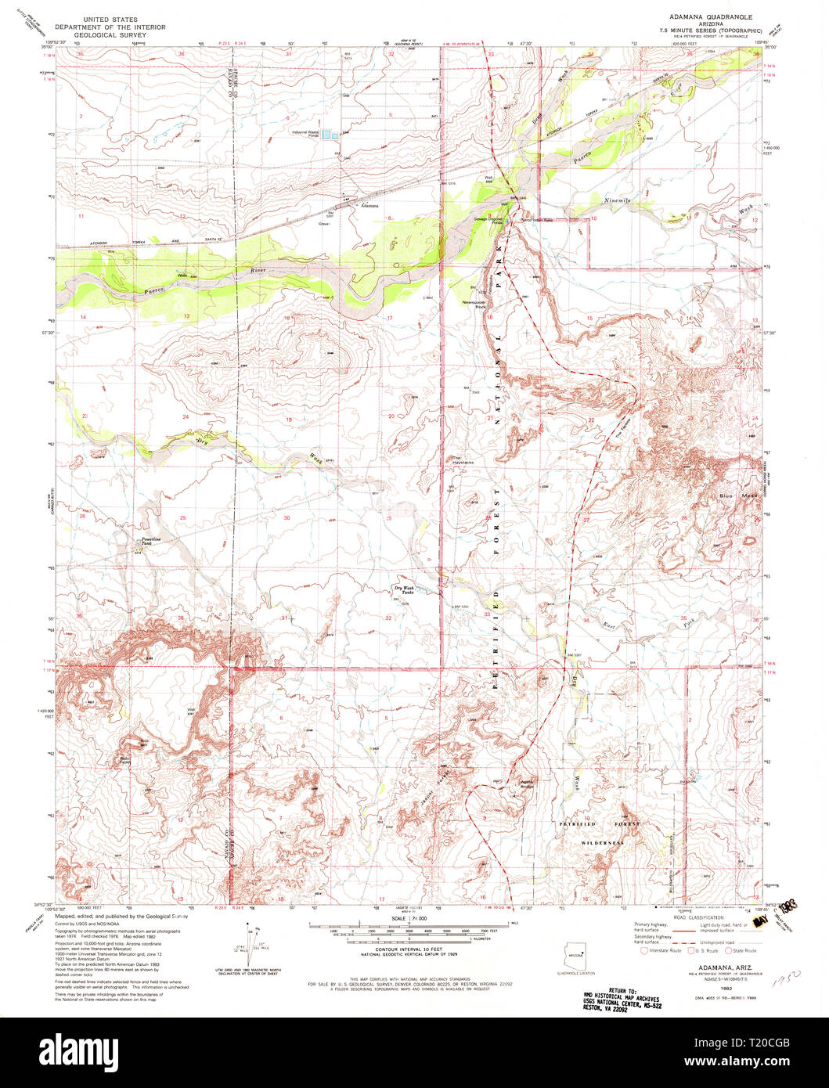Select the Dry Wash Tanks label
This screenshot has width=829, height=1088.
[x=403, y=590]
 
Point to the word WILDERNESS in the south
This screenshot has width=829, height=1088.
[x=602, y=843]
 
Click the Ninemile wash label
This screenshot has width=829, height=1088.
[x=617, y=201]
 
